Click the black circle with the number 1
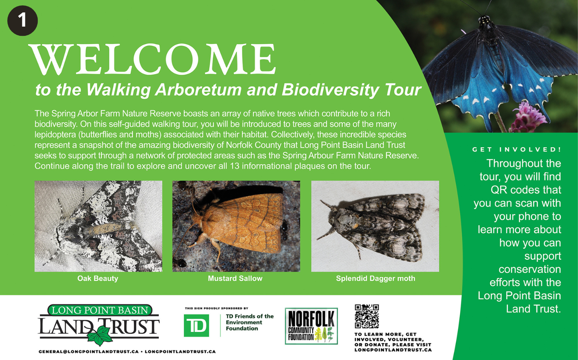22,21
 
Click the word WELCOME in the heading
153,59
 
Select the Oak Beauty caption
98,278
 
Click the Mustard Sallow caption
235,278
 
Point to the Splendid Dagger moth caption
375,278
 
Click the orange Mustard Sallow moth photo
236,226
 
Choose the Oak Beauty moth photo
98,226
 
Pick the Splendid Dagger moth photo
375,226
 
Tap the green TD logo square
197,325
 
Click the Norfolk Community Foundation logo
311,326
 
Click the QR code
367,316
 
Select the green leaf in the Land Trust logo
99,335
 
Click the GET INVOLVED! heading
517,150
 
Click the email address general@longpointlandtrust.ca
89,352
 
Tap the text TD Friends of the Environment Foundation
250,322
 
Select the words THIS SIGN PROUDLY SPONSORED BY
217,308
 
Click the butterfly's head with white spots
484,21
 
